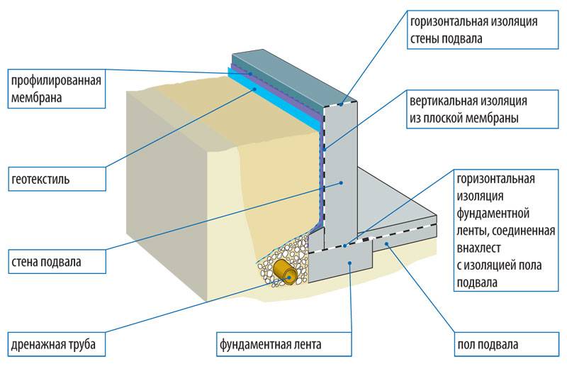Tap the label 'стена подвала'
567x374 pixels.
click(46, 262)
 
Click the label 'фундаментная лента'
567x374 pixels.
click(270, 346)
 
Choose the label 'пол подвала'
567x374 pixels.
click(487, 346)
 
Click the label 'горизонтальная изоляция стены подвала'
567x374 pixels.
click(473, 30)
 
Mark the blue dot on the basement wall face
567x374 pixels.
click(341, 182)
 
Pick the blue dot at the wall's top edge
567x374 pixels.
click(341, 105)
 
